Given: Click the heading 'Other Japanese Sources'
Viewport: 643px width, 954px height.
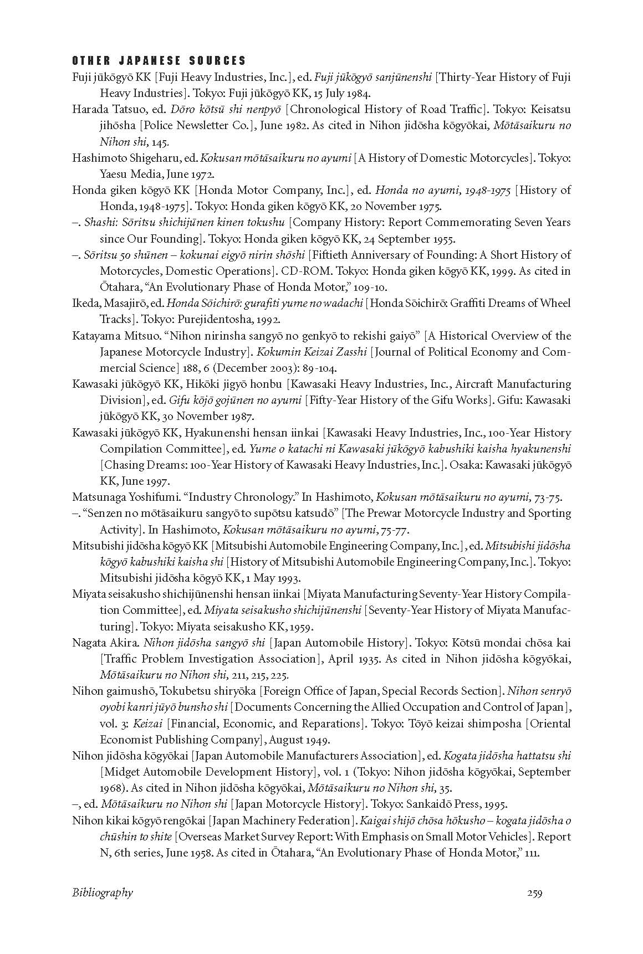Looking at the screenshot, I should pos(159,61).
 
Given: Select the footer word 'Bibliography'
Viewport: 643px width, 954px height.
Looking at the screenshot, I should pos(103,893).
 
